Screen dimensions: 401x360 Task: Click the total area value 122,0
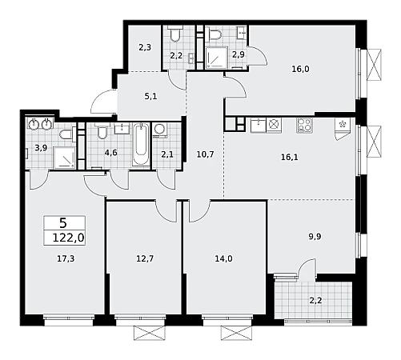click(68, 238)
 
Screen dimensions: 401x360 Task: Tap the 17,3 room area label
click(66, 258)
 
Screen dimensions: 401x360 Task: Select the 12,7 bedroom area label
click(145, 258)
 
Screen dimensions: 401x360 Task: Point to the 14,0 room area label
click(223, 258)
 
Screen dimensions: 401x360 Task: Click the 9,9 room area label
click(315, 237)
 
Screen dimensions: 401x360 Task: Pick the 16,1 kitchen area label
click(290, 158)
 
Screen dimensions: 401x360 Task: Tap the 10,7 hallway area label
click(205, 154)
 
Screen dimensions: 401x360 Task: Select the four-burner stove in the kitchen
click(304, 125)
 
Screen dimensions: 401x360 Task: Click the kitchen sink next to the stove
click(258, 125)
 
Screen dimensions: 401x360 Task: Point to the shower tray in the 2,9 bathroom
click(216, 58)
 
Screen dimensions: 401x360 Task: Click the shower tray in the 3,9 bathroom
click(65, 158)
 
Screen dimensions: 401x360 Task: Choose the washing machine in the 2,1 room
click(159, 130)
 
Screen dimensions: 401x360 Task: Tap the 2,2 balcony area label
click(315, 301)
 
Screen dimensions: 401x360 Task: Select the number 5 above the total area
click(63, 223)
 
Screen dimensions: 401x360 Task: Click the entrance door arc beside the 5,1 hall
click(102, 102)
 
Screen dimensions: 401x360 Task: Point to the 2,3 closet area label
click(145, 47)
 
